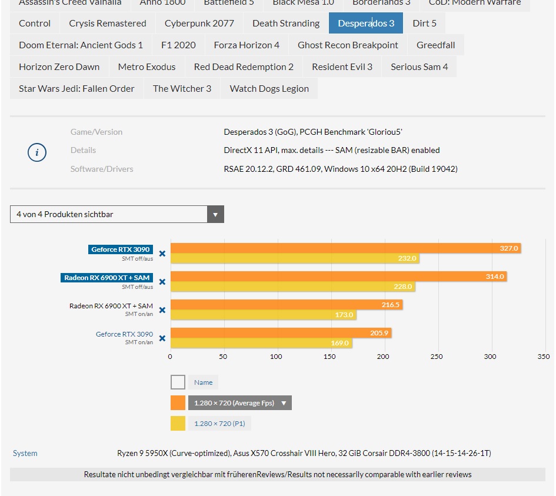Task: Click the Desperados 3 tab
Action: pyautogui.click(x=365, y=24)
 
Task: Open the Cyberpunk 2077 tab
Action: pyautogui.click(x=199, y=24)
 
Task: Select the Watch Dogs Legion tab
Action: pyautogui.click(x=269, y=89)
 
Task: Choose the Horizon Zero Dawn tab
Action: pyautogui.click(x=59, y=67)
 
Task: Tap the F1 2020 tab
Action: pyautogui.click(x=178, y=45)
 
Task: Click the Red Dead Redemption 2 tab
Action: pyautogui.click(x=244, y=67)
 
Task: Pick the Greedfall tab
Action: pyautogui.click(x=435, y=45)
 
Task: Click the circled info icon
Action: pyautogui.click(x=37, y=153)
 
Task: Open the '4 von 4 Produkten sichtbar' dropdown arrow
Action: pyautogui.click(x=216, y=215)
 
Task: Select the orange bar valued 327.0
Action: pyautogui.click(x=345, y=248)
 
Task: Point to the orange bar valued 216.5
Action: pyautogui.click(x=286, y=305)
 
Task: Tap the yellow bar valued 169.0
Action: pyautogui.click(x=261, y=343)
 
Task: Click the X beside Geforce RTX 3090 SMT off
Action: pyautogui.click(x=162, y=254)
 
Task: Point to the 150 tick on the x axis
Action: pyautogui.click(x=330, y=357)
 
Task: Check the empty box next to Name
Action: pyautogui.click(x=178, y=382)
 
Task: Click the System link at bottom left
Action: pyautogui.click(x=25, y=454)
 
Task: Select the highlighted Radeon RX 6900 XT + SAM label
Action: pyautogui.click(x=106, y=278)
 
